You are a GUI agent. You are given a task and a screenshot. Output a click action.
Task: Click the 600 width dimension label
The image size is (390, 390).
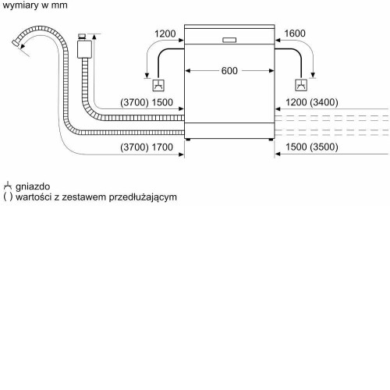pyautogui.click(x=229, y=71)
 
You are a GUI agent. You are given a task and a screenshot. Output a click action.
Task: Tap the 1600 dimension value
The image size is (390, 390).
pyautogui.click(x=295, y=34)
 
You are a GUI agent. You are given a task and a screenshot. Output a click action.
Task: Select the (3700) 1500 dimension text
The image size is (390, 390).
pyautogui.click(x=147, y=102)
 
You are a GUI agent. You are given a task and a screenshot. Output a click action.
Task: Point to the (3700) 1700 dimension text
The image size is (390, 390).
pyautogui.click(x=147, y=147)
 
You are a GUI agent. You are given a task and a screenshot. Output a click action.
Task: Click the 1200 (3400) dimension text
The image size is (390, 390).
pyautogui.click(x=312, y=102)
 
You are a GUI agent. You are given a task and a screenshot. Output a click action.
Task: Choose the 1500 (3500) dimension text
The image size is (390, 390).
pyautogui.click(x=312, y=147)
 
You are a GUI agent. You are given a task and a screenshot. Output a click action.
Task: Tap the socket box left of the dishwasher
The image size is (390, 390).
pyautogui.click(x=158, y=85)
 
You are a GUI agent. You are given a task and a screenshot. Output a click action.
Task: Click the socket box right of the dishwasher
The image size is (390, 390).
pyautogui.click(x=301, y=85)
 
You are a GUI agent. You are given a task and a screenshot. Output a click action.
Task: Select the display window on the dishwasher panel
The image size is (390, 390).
pyautogui.click(x=229, y=40)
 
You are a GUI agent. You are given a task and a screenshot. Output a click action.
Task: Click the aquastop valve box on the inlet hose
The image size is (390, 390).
pyautogui.click(x=84, y=49)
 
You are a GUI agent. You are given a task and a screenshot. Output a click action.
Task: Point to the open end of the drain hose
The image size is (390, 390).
pyautogui.click(x=16, y=43)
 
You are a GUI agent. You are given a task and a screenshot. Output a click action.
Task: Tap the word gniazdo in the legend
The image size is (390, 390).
pyautogui.click(x=33, y=186)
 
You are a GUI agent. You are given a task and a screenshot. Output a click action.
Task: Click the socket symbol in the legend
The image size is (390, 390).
pyautogui.click(x=8, y=186)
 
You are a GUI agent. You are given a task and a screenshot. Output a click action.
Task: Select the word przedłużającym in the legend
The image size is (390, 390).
pyautogui.click(x=143, y=197)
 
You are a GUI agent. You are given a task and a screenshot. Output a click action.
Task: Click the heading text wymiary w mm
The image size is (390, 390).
pyautogui.click(x=35, y=5)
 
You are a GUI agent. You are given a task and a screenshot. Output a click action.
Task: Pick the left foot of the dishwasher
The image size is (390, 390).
pyautogui.click(x=188, y=140)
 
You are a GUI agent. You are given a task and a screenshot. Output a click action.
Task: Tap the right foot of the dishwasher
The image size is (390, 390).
pyautogui.click(x=271, y=140)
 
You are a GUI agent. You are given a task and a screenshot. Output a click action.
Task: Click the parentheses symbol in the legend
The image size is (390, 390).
pyautogui.click(x=8, y=197)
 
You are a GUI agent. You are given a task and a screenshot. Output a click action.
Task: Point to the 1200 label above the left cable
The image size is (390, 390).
pyautogui.click(x=165, y=34)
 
